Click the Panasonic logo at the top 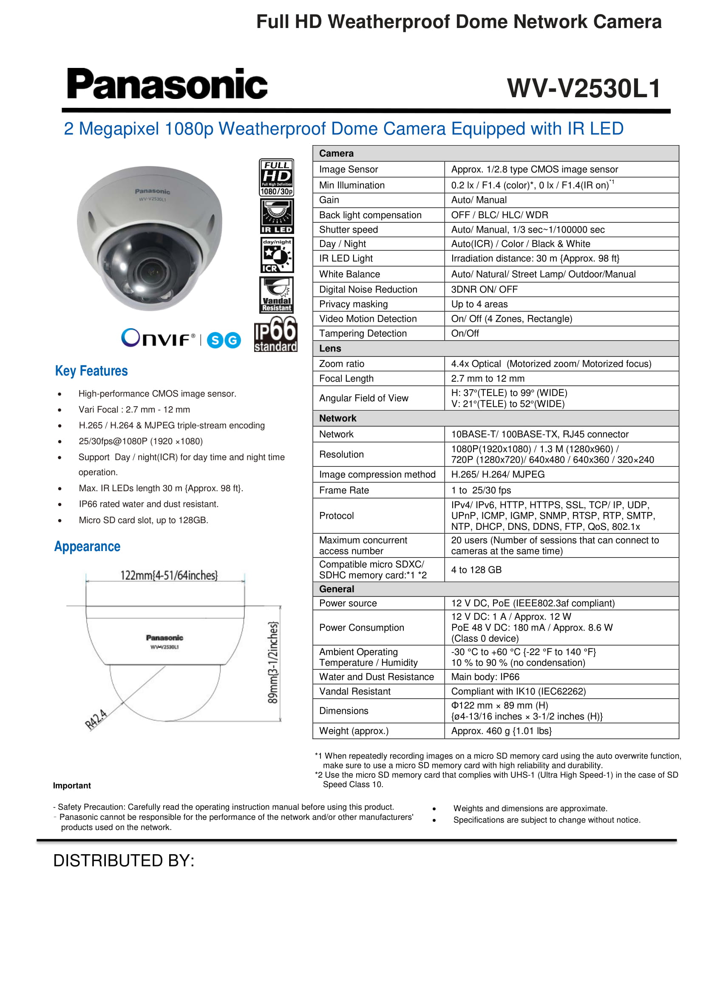tap(167, 84)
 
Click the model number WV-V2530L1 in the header tap(584, 89)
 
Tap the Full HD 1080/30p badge tap(277, 177)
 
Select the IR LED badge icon tap(277, 216)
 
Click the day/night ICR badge tap(277, 255)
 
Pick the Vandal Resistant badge tap(277, 295)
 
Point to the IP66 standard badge tap(276, 334)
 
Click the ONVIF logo tap(158, 338)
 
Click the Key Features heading tap(91, 371)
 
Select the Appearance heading tap(88, 547)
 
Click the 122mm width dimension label tap(169, 575)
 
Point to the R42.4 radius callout tap(96, 719)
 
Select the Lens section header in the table tap(330, 349)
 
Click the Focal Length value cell tap(488, 378)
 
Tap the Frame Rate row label tap(344, 490)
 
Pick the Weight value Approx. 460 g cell tap(501, 731)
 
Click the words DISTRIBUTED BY tap(124, 861)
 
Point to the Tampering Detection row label tap(363, 333)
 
